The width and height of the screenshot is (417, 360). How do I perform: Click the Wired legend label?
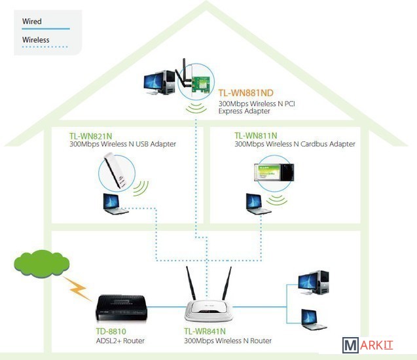[x=32, y=22]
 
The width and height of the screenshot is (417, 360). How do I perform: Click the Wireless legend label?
[x=36, y=40]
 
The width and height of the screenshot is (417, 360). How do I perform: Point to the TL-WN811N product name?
[x=256, y=135]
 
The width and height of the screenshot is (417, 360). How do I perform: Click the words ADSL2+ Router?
[x=120, y=341]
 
